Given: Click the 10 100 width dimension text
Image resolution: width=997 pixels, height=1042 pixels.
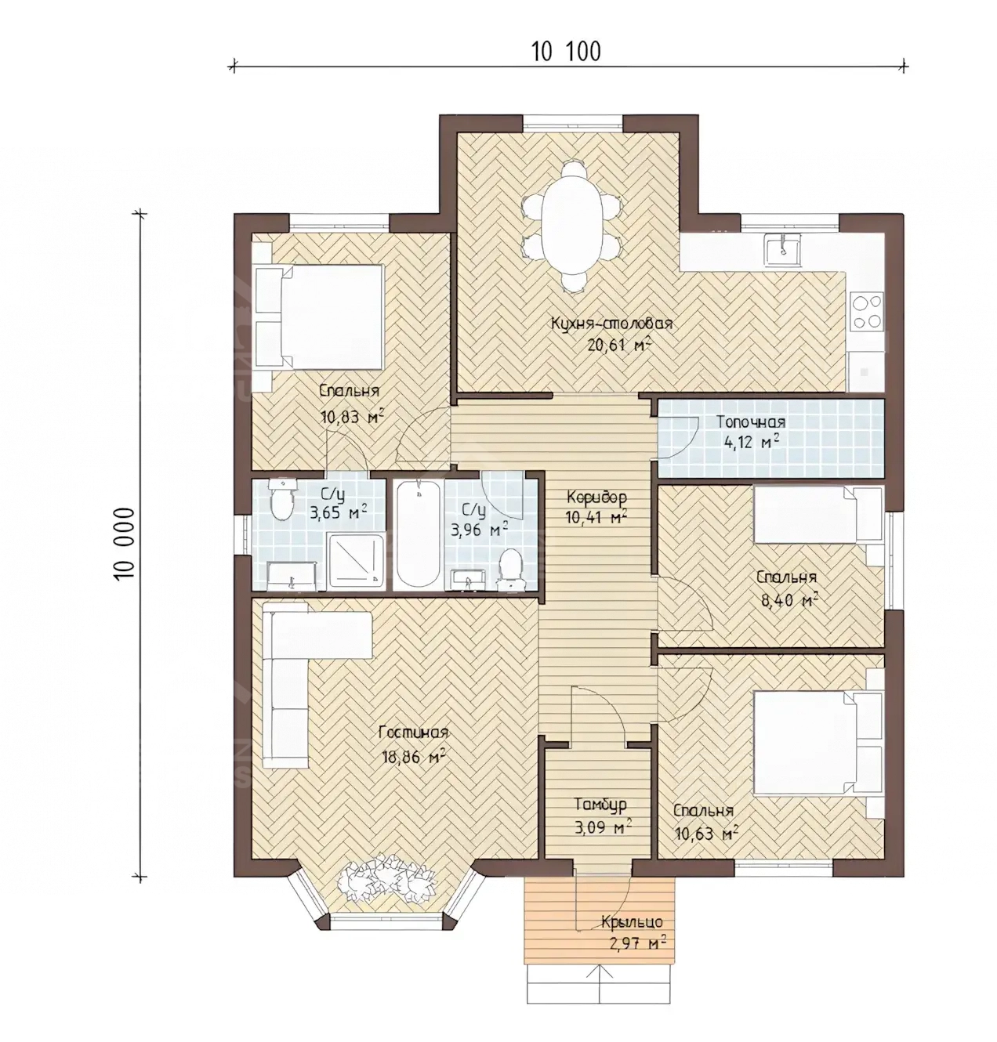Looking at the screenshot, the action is coord(566,52).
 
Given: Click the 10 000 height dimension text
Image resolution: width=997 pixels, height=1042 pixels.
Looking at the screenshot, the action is coord(124,544).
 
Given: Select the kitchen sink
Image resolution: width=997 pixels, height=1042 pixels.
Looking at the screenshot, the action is coord(781,251).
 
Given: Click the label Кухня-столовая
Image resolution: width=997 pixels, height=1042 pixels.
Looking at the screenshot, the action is coord(611,324).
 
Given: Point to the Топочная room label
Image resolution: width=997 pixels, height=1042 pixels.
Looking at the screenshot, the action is coord(751,422).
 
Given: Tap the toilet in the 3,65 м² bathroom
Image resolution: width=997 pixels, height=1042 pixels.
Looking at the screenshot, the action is coord(282,498).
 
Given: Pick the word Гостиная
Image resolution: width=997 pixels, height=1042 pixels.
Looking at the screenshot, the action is coord(413,732).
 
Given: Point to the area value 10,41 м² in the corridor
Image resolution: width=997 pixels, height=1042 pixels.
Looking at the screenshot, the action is coord(595,517).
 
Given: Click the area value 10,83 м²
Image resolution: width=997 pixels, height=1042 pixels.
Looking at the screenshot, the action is coord(352,416).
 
